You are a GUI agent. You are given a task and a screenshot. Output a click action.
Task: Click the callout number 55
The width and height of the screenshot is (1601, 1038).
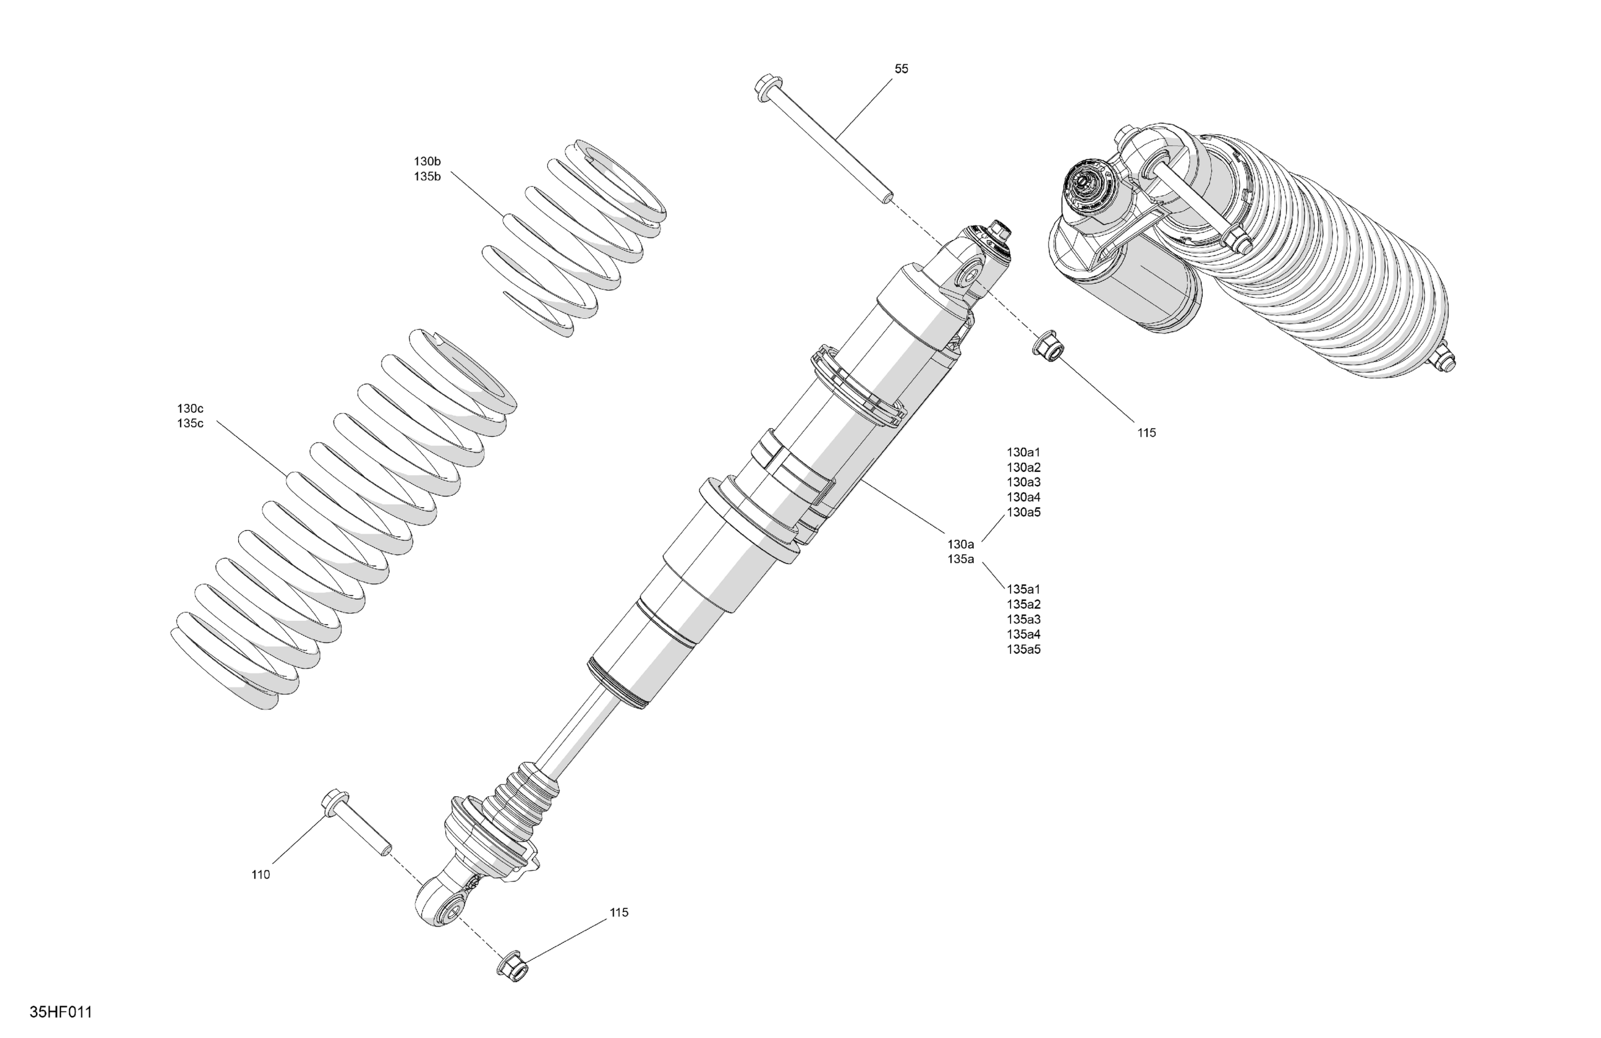coord(901,68)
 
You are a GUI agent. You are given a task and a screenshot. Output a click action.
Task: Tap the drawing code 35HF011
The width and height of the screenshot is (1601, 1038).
coord(60,1012)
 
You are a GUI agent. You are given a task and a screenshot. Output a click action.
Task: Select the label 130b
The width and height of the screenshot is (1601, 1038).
coord(427,161)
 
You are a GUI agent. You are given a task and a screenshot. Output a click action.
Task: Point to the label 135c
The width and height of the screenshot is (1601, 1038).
coord(191,423)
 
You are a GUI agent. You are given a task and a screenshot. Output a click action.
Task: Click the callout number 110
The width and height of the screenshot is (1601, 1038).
coord(260,874)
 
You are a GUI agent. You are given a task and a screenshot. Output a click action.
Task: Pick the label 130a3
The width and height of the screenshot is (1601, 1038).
coord(1023,482)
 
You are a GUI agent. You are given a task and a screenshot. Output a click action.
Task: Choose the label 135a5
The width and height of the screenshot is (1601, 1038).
coord(1023,649)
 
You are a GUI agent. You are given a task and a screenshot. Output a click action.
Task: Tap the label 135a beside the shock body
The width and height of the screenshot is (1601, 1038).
coord(960,559)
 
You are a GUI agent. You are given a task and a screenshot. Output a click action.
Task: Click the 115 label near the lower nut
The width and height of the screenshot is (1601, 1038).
coord(619,912)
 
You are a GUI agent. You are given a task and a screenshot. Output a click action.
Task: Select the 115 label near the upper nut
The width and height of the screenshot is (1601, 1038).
coord(1146,434)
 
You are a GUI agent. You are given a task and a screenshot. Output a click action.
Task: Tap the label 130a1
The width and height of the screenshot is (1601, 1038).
coord(1023,452)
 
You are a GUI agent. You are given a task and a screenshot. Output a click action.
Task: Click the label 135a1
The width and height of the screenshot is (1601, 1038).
coord(1023,589)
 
